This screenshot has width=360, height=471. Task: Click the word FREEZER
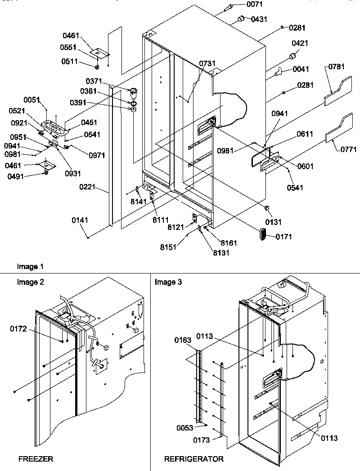[x=36, y=459]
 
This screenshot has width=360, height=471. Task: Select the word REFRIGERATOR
[x=194, y=459]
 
